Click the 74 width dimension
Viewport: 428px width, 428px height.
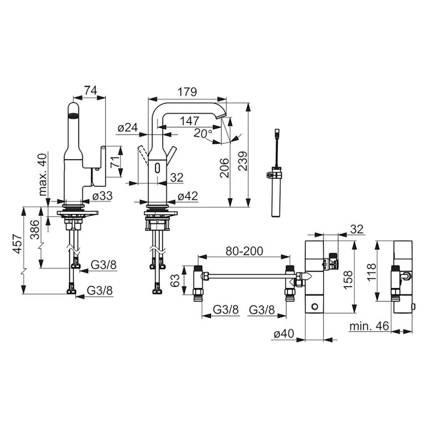pos(90,90)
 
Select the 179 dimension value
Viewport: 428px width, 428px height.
pos(187,92)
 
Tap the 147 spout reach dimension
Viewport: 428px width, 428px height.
pos(190,121)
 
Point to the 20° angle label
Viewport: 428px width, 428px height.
pos(203,133)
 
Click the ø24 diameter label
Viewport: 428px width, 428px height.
pos(128,128)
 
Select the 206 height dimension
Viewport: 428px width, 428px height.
pos(225,168)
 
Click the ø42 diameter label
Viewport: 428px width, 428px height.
pos(187,196)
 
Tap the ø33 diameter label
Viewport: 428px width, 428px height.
pos(102,196)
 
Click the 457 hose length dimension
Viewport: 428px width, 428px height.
pos(18,244)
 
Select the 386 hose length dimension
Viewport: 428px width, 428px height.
pos(35,230)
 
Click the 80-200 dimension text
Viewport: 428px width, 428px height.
pos(244,251)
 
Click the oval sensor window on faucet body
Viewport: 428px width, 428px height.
pos(157,168)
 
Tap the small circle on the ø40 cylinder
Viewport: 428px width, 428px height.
pos(314,306)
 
